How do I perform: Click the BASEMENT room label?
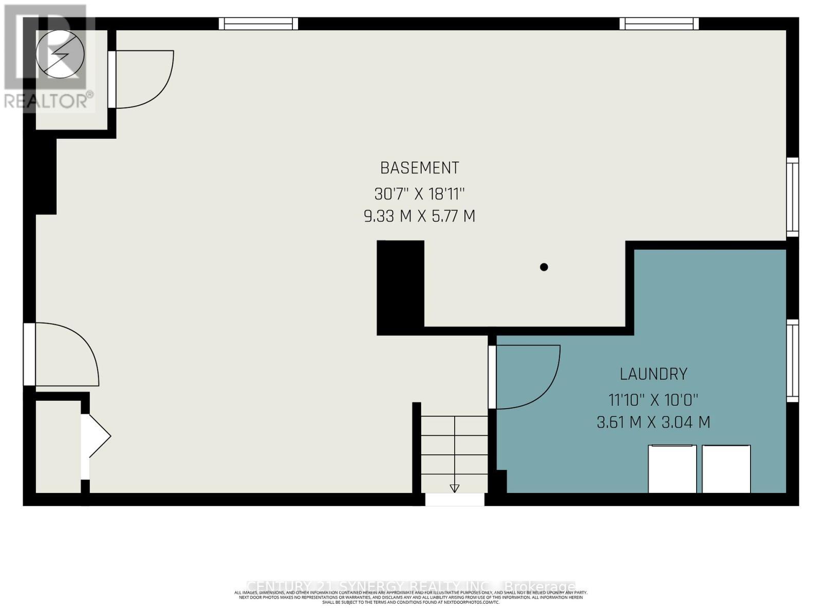[419, 168]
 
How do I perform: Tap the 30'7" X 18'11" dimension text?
[419, 194]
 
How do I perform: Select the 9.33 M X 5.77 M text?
[419, 216]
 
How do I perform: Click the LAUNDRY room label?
[653, 374]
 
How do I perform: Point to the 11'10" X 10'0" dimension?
[653, 399]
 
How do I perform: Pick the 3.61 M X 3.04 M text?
[653, 422]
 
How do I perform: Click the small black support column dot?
[544, 267]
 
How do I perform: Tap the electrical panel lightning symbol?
[60, 54]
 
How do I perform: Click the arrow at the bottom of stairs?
[454, 488]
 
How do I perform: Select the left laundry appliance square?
[672, 469]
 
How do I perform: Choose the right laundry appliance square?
[726, 469]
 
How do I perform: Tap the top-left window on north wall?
[258, 24]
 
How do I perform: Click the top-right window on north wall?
[659, 24]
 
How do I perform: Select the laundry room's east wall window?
[793, 360]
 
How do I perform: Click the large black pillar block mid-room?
[400, 287]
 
